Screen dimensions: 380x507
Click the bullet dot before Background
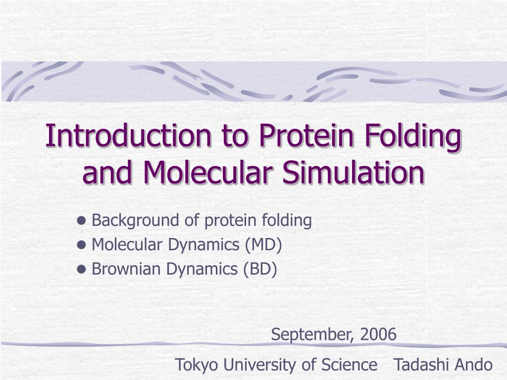tap(82, 221)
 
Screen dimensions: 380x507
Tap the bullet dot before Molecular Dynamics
tap(82, 245)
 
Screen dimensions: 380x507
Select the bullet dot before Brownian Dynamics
tap(82, 269)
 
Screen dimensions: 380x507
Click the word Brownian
tap(127, 269)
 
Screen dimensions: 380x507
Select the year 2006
tap(378, 335)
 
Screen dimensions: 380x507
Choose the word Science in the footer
tap(349, 365)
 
